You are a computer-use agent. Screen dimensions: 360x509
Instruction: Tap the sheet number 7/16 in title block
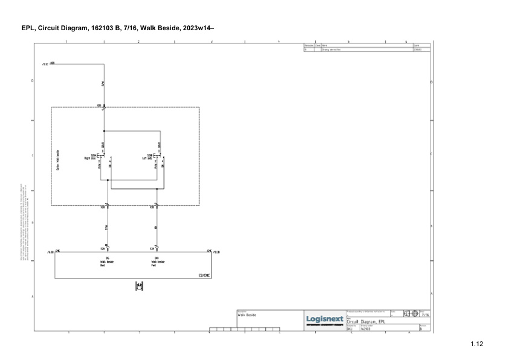click(x=426, y=315)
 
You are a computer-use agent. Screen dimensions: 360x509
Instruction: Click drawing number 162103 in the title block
click(x=365, y=329)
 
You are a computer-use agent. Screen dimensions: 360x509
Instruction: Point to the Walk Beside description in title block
click(x=247, y=315)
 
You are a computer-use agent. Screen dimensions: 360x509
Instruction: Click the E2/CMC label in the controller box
click(x=204, y=275)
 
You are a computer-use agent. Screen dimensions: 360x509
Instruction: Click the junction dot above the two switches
click(x=104, y=130)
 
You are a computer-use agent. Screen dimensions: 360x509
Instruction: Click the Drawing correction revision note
click(x=331, y=50)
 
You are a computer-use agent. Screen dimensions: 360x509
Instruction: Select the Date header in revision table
click(x=416, y=45)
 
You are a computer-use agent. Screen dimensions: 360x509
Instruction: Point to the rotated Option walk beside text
click(x=57, y=160)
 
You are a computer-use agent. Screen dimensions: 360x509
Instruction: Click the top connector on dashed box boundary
click(x=104, y=108)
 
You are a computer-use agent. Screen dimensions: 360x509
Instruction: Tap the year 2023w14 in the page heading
click(x=199, y=28)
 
